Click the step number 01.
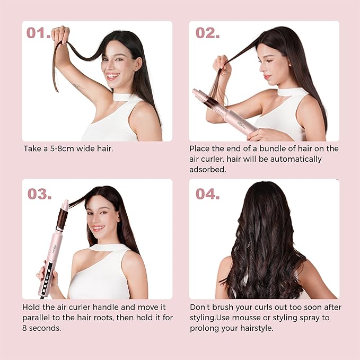point(38,33)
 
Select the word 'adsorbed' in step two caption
point(208,170)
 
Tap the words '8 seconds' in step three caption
point(45,328)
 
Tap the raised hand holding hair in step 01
point(62,34)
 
